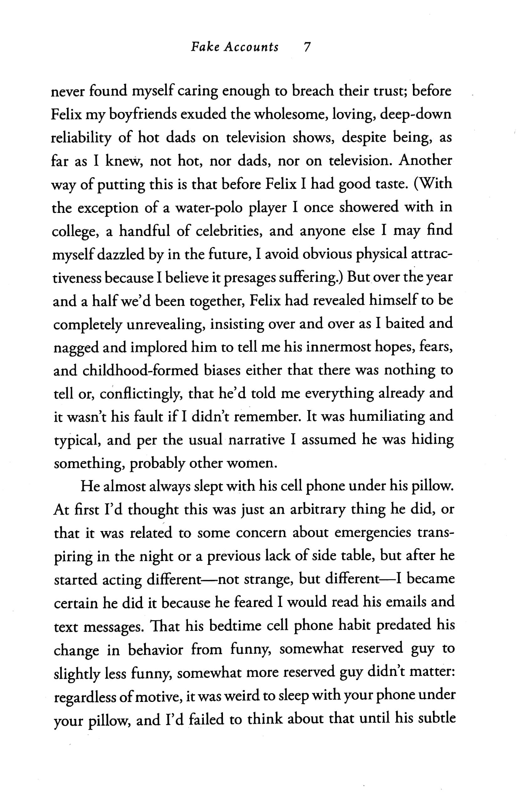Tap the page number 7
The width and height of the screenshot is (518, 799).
pyautogui.click(x=306, y=47)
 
